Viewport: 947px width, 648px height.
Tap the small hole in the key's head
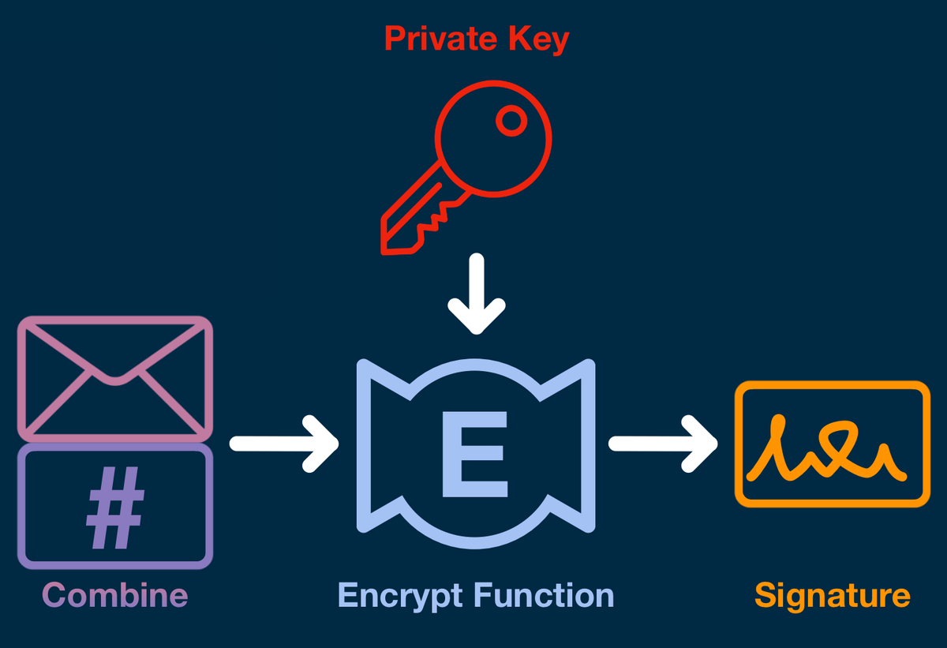click(511, 120)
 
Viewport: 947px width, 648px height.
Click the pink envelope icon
click(115, 377)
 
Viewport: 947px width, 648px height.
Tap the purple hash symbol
click(115, 507)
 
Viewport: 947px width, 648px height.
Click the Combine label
click(115, 594)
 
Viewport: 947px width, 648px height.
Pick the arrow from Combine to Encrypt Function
click(284, 444)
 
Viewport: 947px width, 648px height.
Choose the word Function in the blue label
click(544, 594)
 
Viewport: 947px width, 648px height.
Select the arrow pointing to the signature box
click(663, 444)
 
